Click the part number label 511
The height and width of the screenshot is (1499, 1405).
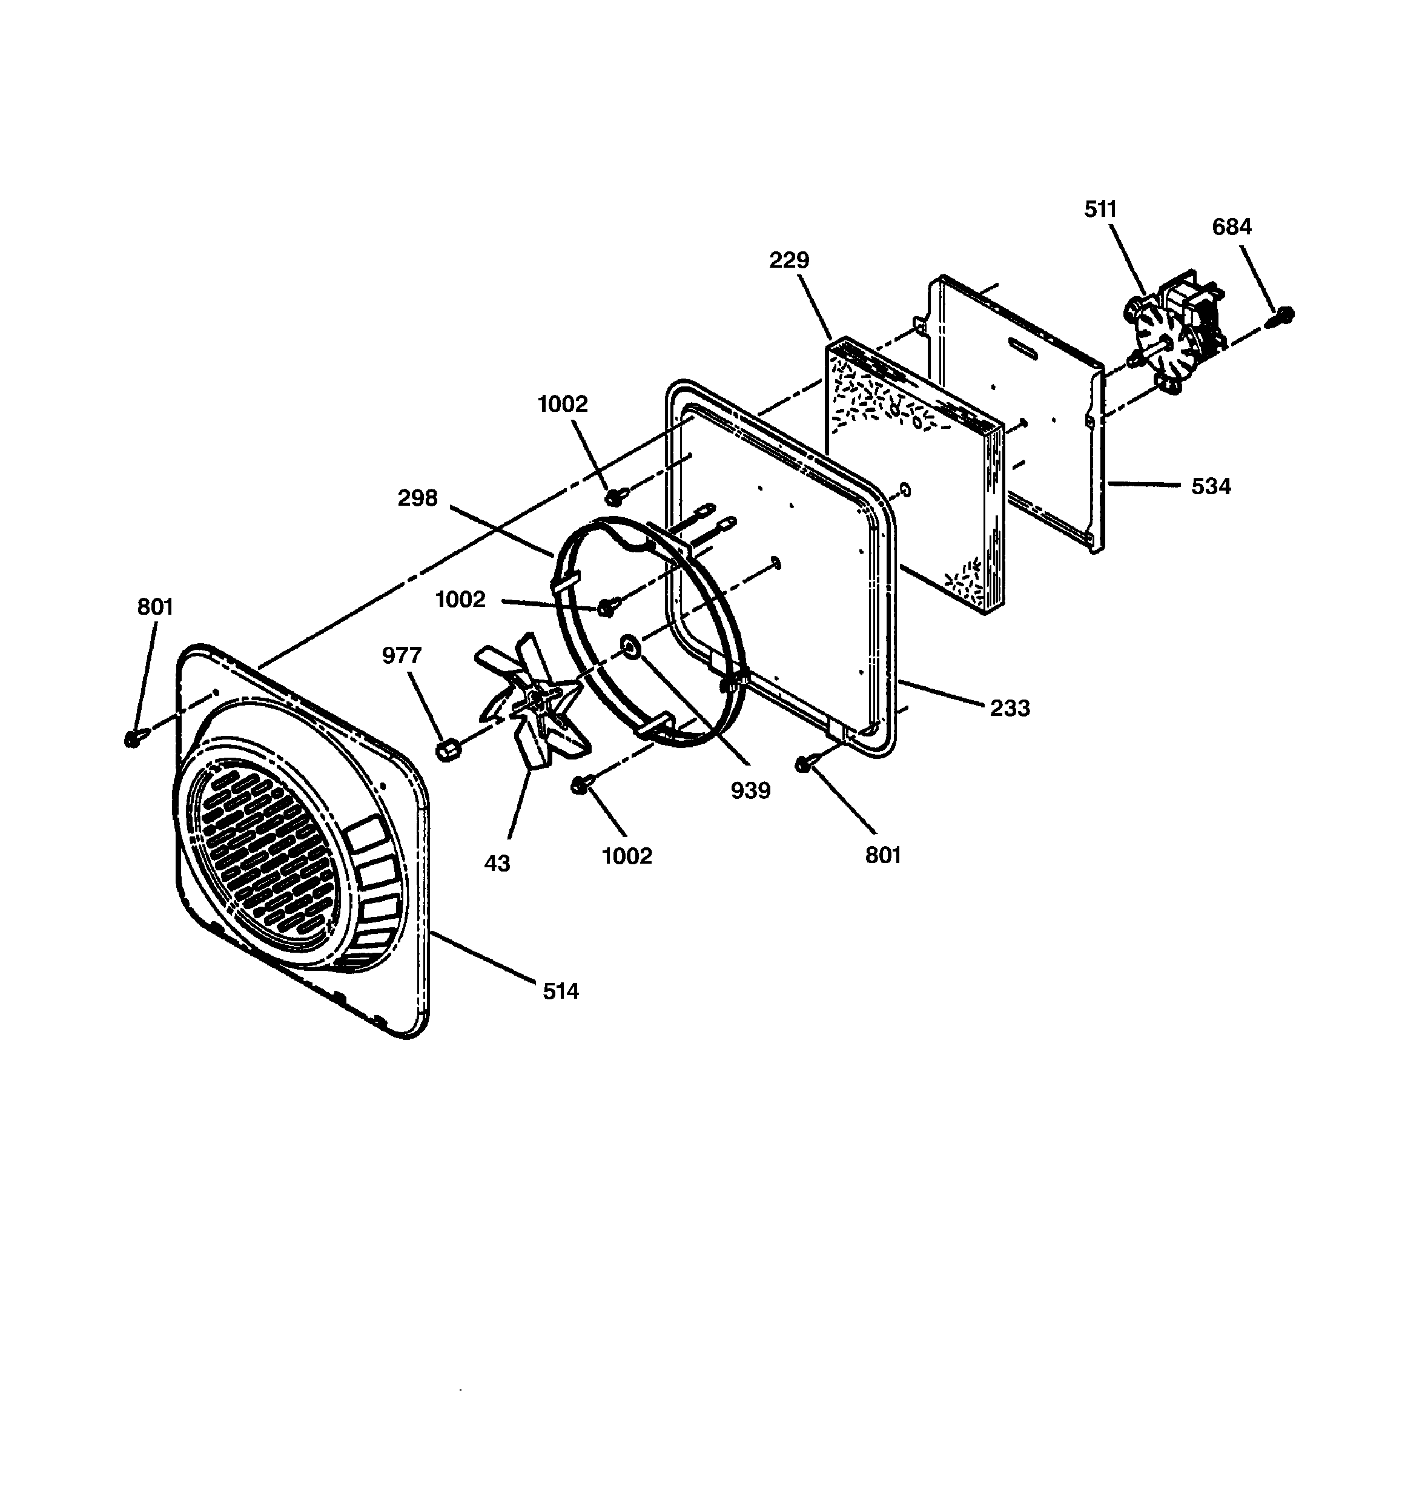[x=1100, y=209]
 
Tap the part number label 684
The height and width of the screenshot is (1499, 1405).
[x=1232, y=227]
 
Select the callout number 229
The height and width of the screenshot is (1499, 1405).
[x=789, y=260]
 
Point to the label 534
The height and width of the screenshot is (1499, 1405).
[x=1211, y=486]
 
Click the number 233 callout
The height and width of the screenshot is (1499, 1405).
[x=1009, y=708]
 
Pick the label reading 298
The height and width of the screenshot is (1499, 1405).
[x=418, y=498]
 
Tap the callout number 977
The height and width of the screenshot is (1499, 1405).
[x=402, y=655]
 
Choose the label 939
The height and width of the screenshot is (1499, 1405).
[x=750, y=790]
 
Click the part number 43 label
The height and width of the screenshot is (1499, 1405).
[x=497, y=863]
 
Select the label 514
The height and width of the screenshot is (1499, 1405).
[x=560, y=991]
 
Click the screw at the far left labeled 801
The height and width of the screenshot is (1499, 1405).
[x=133, y=739]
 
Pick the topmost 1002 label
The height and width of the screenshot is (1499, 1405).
[x=562, y=404]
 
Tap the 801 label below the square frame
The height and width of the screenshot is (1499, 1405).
[x=883, y=855]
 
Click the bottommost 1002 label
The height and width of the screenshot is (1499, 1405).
[x=627, y=856]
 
